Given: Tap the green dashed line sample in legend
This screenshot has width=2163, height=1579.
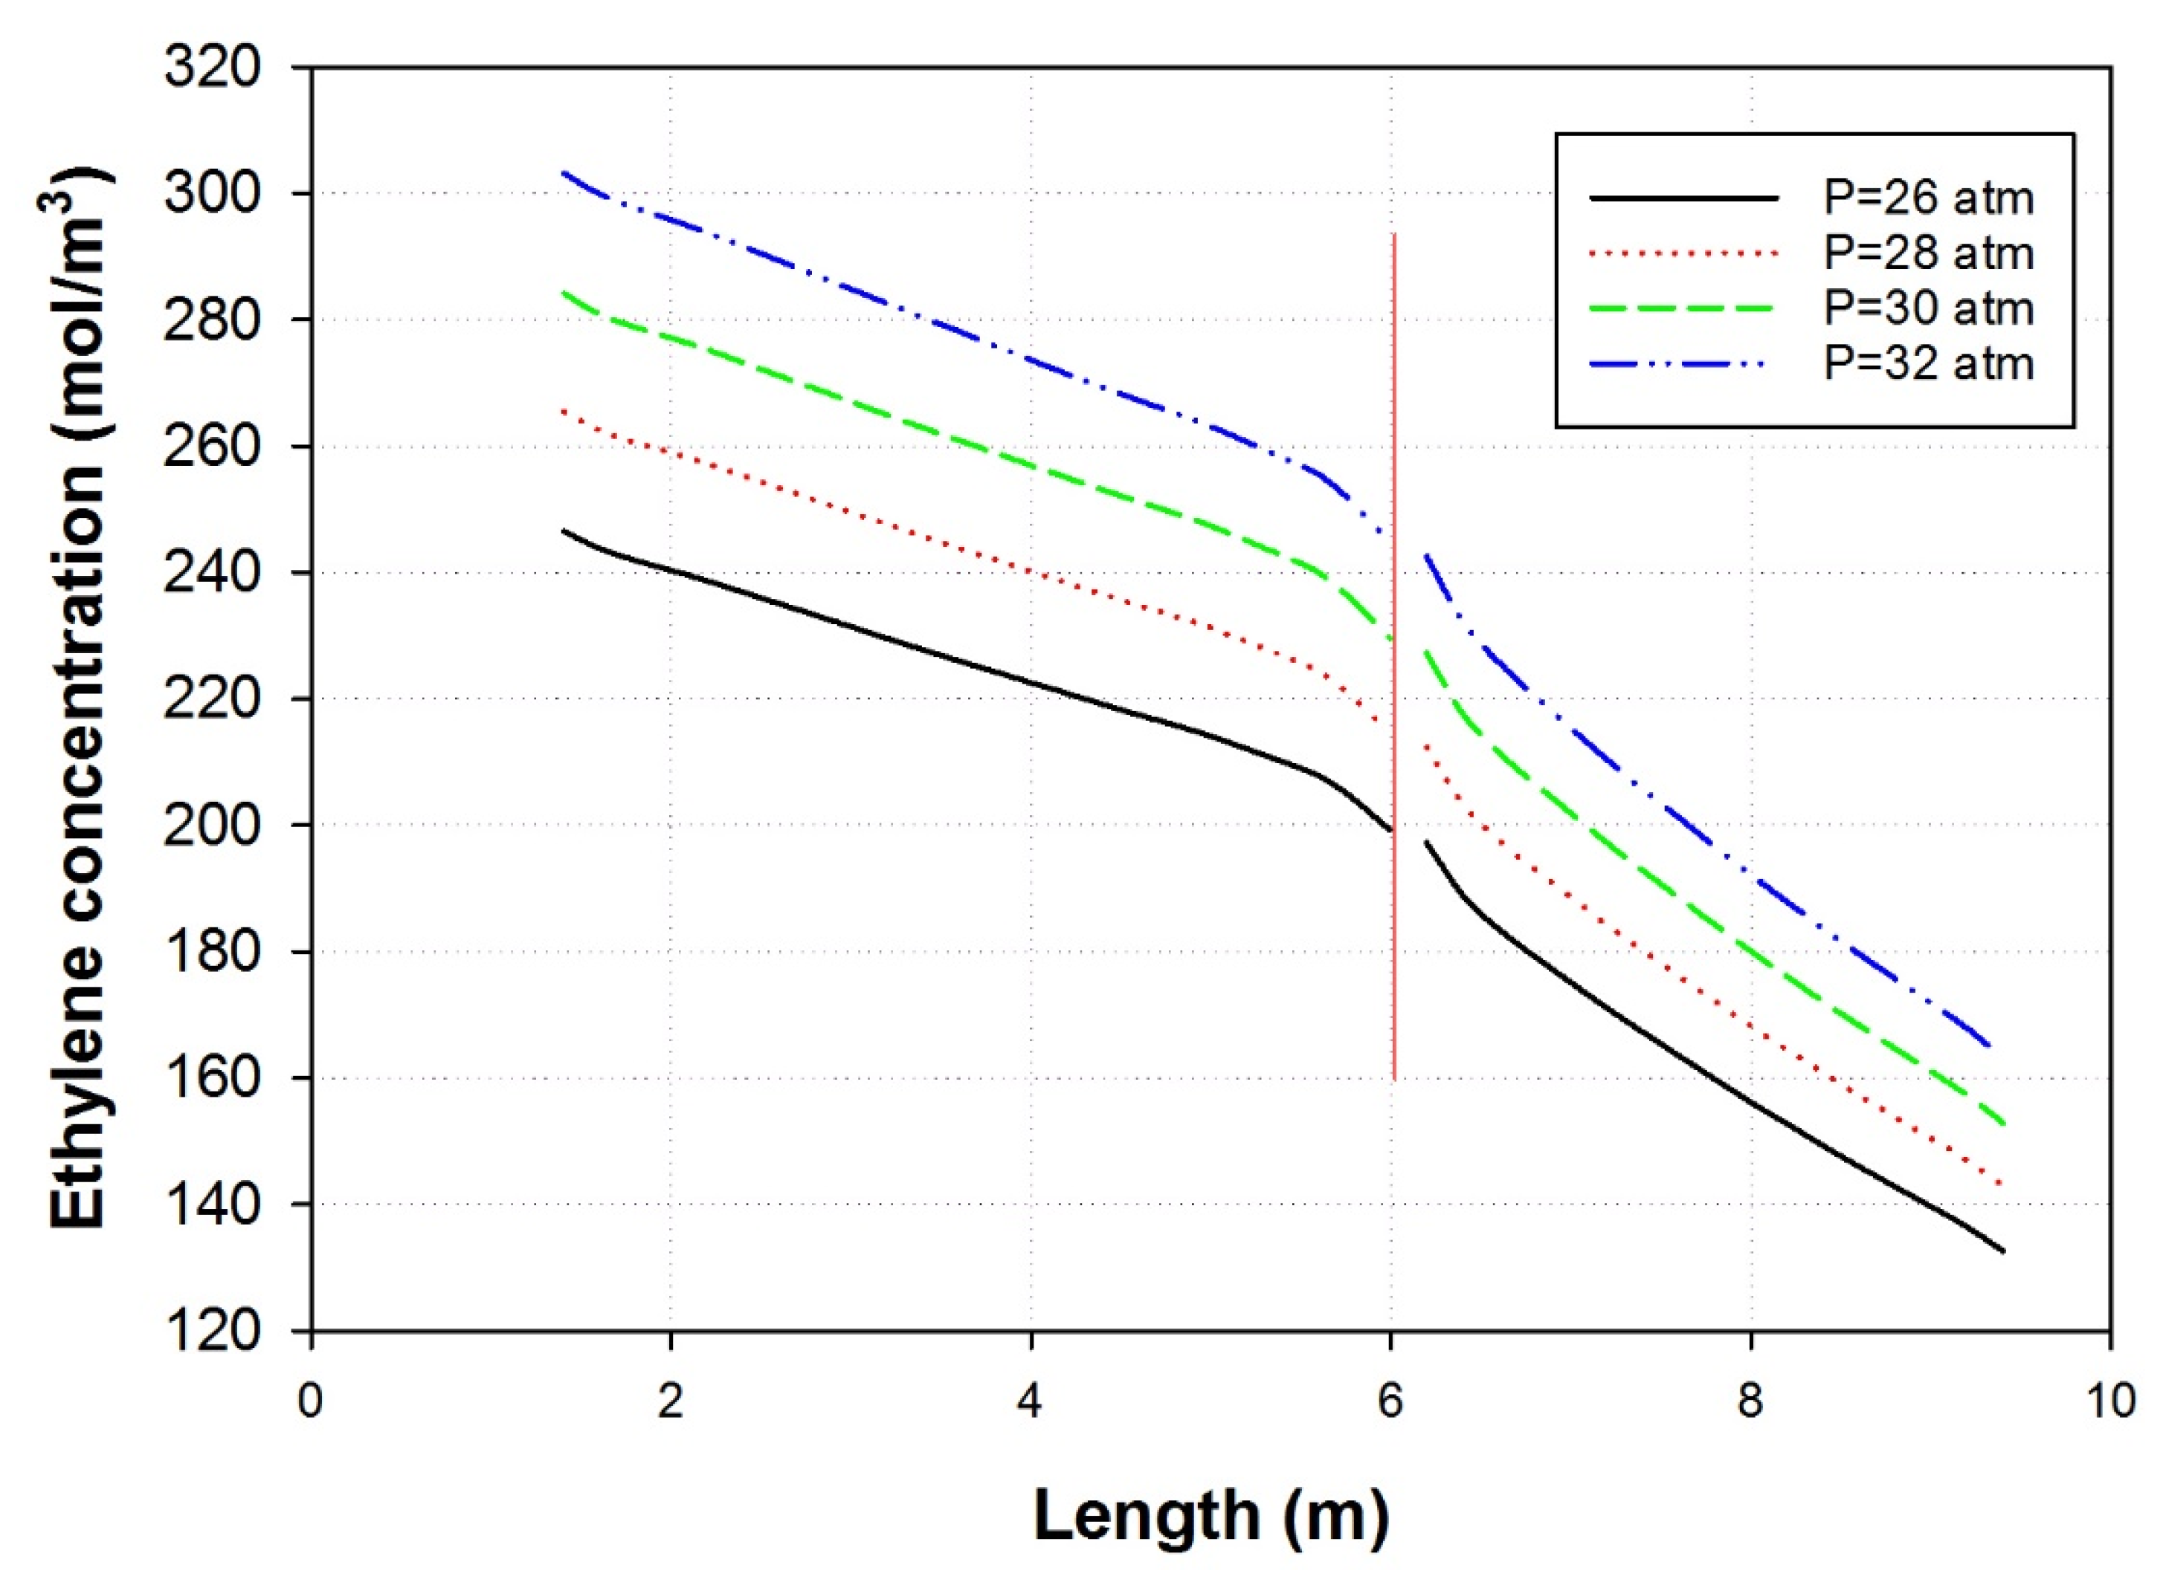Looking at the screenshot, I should tap(1683, 308).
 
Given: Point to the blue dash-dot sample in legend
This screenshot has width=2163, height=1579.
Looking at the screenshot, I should tap(1683, 363).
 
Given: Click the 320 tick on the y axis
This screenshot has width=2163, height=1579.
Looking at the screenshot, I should tap(212, 69).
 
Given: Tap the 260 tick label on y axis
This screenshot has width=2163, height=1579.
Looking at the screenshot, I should tap(212, 447).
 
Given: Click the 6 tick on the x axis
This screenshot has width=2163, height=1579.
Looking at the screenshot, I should tap(1390, 1402).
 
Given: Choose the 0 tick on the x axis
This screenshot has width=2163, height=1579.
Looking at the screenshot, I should tap(311, 1402).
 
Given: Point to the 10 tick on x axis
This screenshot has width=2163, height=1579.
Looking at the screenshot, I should tap(2109, 1402).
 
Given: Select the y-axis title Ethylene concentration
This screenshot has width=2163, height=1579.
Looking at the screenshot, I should tap(77, 698).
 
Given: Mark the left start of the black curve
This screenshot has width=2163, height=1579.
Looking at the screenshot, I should tap(564, 530).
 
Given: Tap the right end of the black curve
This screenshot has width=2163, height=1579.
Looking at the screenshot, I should tap(2002, 1251).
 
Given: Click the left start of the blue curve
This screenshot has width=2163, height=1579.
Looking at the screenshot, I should tap(564, 173).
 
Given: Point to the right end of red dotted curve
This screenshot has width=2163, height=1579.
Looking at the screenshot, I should tap(2002, 1186).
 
